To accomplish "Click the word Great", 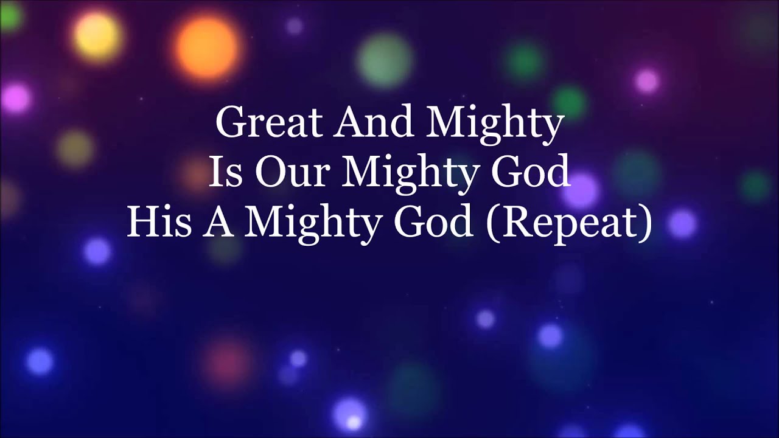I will (268, 123).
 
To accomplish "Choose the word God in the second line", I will (530, 172).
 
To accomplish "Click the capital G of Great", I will (230, 123).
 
